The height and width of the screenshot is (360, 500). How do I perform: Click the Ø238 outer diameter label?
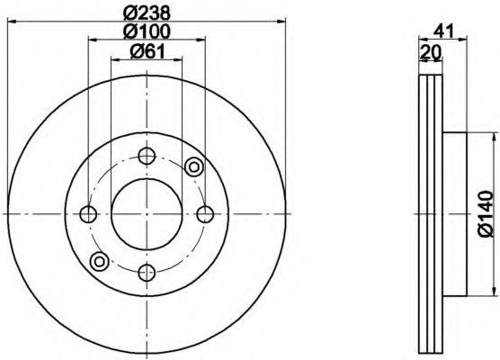point(146,13)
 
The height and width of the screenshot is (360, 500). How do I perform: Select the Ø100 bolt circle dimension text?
point(146,32)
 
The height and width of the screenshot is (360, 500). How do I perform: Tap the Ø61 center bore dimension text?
point(146,52)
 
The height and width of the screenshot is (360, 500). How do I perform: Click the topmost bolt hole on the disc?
point(147,155)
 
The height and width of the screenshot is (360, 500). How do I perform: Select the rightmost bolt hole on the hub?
point(205,213)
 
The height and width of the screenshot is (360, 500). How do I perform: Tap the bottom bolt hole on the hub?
point(147,272)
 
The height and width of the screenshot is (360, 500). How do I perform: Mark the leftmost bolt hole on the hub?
point(88,213)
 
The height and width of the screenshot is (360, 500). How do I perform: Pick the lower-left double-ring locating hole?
point(100,262)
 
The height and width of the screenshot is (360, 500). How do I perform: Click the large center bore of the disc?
point(147,213)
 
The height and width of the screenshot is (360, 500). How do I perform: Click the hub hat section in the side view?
point(455,213)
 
